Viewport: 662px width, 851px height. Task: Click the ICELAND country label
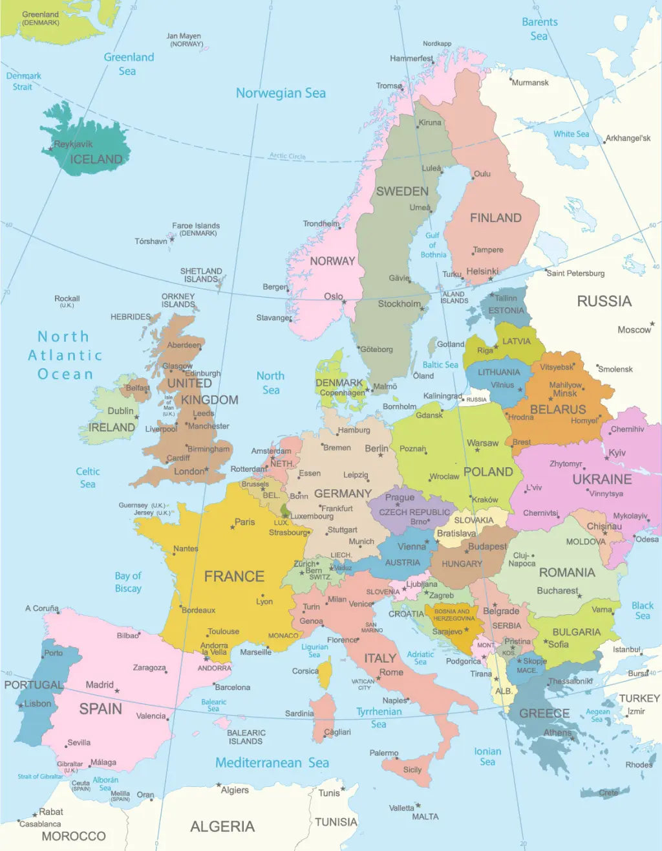pyautogui.click(x=96, y=159)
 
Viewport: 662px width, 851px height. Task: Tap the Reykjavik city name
pyautogui.click(x=73, y=144)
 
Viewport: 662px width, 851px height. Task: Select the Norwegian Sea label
pyautogui.click(x=281, y=93)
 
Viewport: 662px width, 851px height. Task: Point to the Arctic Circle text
pyautogui.click(x=288, y=156)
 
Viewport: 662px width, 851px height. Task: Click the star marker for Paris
pyautogui.click(x=232, y=527)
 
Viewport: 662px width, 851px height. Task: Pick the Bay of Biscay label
pyautogui.click(x=128, y=582)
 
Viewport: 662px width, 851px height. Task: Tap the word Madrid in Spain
pyautogui.click(x=100, y=685)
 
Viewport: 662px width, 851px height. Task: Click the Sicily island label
pyautogui.click(x=412, y=769)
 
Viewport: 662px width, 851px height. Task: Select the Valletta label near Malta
pyautogui.click(x=401, y=808)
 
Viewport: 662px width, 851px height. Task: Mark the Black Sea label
pyautogui.click(x=643, y=610)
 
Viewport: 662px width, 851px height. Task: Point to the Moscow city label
pyautogui.click(x=634, y=330)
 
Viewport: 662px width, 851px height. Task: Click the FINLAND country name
pyautogui.click(x=495, y=218)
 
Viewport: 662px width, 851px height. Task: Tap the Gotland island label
pyautogui.click(x=451, y=344)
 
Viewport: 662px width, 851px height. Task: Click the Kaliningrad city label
pyautogui.click(x=442, y=396)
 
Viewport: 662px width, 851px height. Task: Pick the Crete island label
pyautogui.click(x=608, y=793)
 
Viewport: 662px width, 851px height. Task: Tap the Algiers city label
pyautogui.click(x=235, y=790)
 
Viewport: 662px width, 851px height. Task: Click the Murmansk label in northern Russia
pyautogui.click(x=530, y=83)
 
